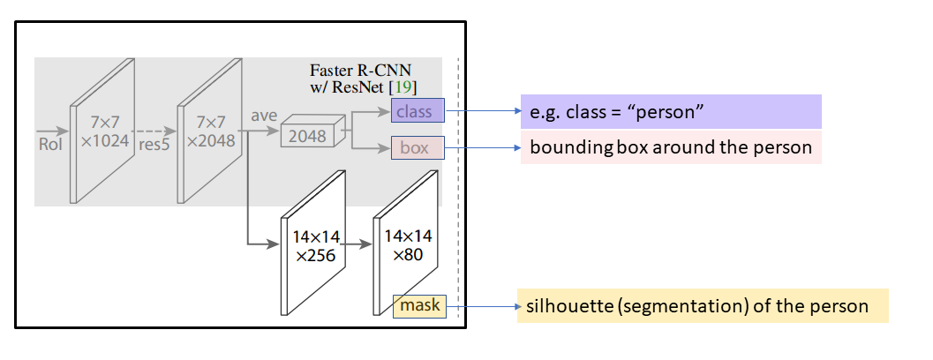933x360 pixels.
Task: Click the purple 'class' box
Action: pyautogui.click(x=418, y=111)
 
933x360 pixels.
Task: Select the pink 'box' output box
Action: pyautogui.click(x=418, y=148)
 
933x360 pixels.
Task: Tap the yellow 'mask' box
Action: pyautogui.click(x=420, y=306)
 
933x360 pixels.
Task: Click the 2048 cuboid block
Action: pyautogui.click(x=307, y=135)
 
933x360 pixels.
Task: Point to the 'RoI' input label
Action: pyautogui.click(x=49, y=144)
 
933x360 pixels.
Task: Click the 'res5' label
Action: pyautogui.click(x=154, y=144)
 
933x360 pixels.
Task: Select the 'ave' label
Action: pyautogui.click(x=264, y=116)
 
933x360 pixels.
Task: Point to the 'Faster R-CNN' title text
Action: pyautogui.click(x=361, y=70)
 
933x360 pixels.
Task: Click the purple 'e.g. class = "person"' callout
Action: pyautogui.click(x=671, y=112)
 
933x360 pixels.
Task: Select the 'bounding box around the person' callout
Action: pyautogui.click(x=671, y=147)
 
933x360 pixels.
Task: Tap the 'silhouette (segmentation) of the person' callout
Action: pyautogui.click(x=702, y=307)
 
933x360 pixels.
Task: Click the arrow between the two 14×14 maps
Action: pyautogui.click(x=355, y=245)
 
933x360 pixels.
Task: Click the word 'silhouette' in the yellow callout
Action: pyautogui.click(x=564, y=307)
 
